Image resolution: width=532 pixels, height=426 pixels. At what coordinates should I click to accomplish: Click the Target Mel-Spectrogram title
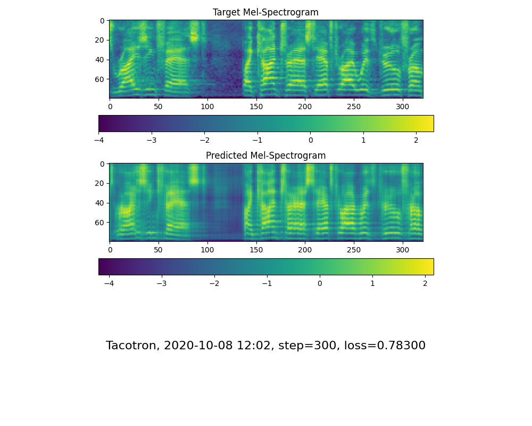[x=265, y=12]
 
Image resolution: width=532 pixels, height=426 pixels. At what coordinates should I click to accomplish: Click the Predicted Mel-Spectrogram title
[x=265, y=155]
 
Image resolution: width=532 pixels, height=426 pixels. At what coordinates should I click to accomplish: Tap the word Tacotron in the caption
[x=131, y=346]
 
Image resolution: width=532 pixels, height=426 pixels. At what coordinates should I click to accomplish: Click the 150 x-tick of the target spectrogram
[x=256, y=106]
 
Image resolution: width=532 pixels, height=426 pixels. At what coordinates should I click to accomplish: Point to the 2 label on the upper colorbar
[x=416, y=141]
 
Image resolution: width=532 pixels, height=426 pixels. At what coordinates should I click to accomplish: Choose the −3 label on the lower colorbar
[x=162, y=284]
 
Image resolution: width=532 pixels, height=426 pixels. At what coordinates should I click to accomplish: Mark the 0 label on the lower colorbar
[x=320, y=284]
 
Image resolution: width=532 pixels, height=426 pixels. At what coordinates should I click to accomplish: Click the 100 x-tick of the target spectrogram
[x=207, y=106]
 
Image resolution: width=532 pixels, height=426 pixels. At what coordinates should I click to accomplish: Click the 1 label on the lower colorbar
[x=372, y=284]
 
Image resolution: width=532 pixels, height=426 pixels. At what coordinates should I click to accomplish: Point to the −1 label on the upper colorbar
[x=257, y=141]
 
